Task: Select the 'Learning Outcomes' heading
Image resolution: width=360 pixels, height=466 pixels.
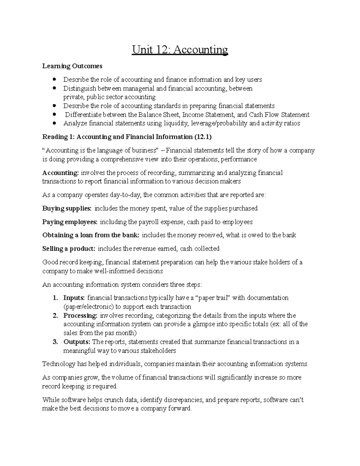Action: coord(72,66)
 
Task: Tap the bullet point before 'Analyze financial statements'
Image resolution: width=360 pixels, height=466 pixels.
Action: coord(54,123)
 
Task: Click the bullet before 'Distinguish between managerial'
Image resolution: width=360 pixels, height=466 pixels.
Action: coord(54,88)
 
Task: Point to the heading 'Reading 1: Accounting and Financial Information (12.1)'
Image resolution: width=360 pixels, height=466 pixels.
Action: coord(127,137)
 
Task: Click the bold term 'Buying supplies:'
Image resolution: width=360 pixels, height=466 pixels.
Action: coord(67,208)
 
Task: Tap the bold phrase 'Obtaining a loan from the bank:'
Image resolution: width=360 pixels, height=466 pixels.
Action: coord(91,235)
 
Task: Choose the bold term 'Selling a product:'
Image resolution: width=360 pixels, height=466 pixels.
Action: coord(69,248)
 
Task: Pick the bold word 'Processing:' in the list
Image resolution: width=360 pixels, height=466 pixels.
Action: coord(80,315)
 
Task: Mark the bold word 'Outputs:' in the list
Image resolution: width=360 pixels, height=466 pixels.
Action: coord(76,342)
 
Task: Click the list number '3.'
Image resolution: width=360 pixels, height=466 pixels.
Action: coord(55,342)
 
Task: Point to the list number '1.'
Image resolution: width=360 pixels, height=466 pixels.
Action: coord(55,298)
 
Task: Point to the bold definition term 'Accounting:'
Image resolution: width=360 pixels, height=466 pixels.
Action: coord(60,173)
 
